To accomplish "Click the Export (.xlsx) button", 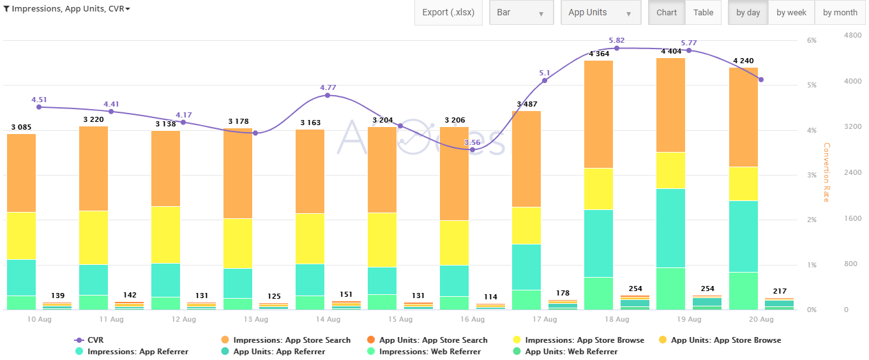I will [448, 13].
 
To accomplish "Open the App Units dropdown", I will [600, 13].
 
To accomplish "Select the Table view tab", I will [703, 13].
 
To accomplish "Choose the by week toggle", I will [791, 13].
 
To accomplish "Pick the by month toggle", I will [840, 13].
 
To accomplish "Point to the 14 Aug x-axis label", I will [328, 319].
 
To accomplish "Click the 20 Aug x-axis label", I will [761, 319].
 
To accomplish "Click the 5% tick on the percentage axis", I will [812, 85].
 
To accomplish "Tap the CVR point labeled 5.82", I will [617, 49].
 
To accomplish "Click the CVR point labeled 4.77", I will [328, 95].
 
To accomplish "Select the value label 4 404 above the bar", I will [671, 51].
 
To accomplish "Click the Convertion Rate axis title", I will [826, 172].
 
